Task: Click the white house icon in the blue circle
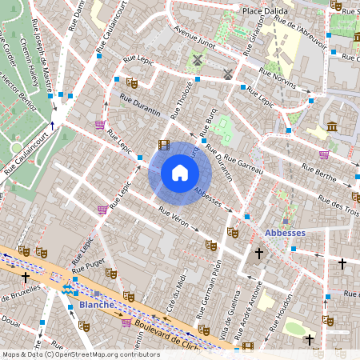(x=179, y=173)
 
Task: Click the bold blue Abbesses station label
(x=285, y=233)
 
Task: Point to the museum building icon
(x=332, y=126)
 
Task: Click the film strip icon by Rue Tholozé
(x=164, y=145)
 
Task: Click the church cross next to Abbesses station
(x=258, y=255)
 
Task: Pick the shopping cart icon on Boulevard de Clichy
(x=126, y=322)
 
